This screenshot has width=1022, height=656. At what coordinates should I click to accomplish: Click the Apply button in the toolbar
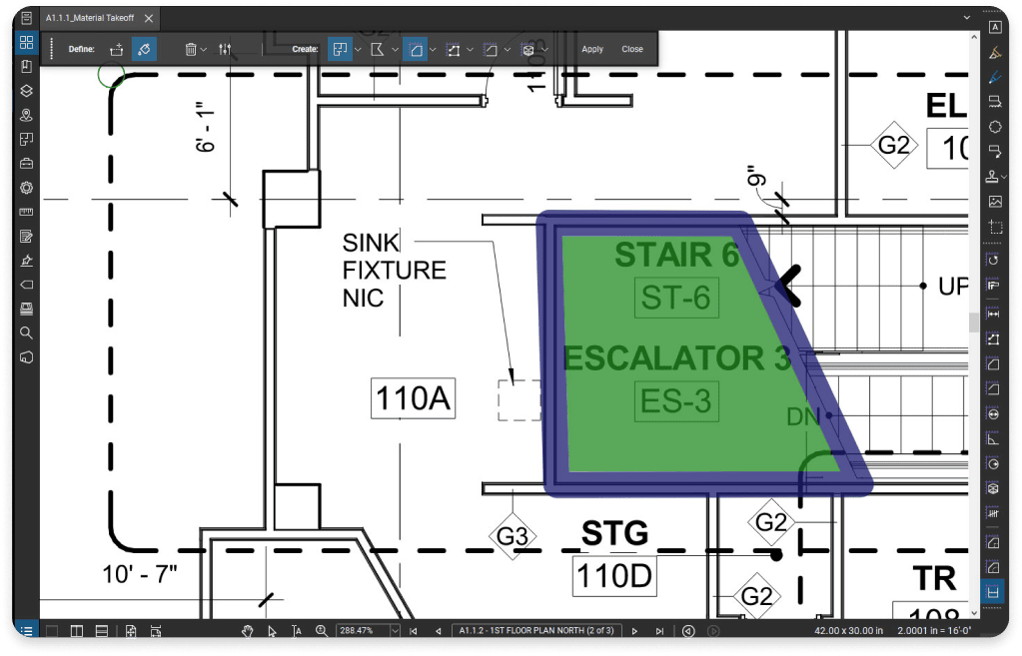point(592,49)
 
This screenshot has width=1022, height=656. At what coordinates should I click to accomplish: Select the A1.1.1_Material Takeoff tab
point(92,17)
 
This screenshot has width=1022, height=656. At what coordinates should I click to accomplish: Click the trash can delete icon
point(190,49)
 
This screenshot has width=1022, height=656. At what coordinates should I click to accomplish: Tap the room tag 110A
point(413,399)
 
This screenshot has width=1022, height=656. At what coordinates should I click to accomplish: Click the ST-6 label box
point(676,299)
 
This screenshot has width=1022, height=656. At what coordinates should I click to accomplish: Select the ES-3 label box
point(676,401)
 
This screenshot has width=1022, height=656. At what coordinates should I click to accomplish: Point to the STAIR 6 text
point(675,256)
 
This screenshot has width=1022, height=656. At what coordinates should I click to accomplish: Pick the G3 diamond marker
point(512,536)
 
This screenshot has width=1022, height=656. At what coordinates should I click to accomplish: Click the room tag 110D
point(612,576)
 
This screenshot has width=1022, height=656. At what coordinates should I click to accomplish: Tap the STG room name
point(614,534)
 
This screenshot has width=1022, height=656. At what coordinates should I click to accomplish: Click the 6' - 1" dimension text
point(207,128)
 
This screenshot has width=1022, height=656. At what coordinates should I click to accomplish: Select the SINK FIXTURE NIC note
point(393,270)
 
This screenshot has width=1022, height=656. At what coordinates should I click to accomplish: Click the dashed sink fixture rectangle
point(518,399)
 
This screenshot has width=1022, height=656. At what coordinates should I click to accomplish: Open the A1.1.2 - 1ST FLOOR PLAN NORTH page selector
point(536,631)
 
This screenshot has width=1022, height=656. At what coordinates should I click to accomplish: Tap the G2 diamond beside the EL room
point(893,146)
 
